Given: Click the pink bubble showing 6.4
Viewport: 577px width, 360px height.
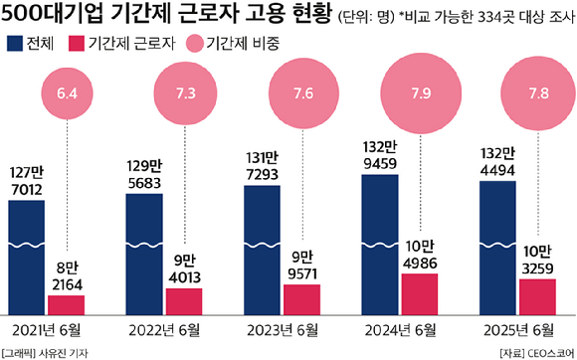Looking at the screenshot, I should (x=68, y=97).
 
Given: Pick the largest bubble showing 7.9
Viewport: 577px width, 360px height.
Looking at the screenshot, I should (x=420, y=95).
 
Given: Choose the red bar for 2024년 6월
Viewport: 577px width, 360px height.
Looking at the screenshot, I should (x=420, y=293).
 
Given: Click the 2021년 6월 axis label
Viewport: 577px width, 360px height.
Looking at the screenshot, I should (x=47, y=328).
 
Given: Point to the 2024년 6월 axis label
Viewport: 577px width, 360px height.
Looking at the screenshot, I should (x=420, y=328).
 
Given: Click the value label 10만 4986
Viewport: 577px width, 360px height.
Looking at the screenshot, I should (x=420, y=252).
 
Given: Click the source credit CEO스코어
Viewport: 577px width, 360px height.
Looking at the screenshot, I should (x=543, y=351).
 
